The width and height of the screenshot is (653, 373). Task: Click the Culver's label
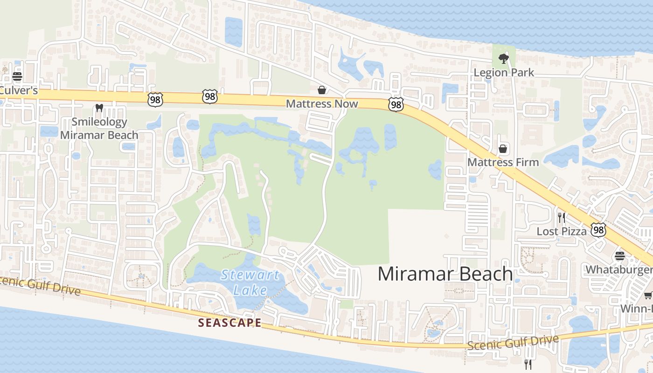[x=19, y=90]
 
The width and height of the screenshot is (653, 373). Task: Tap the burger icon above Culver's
[x=17, y=76]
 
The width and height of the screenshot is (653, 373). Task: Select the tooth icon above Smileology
[x=99, y=108]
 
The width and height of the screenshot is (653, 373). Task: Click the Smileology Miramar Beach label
[x=99, y=129]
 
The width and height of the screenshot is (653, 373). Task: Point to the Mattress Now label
[x=322, y=104]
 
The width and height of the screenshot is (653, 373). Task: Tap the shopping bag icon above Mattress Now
[x=322, y=90]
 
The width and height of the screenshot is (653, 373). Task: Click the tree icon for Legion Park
[x=503, y=59]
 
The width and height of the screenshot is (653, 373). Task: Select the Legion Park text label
[x=504, y=73]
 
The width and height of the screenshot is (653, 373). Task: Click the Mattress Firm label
[x=503, y=162]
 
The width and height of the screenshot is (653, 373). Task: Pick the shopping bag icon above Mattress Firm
[x=503, y=149]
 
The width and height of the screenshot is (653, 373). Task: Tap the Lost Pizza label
[x=562, y=231]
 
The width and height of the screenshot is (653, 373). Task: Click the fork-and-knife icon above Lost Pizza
[x=562, y=217]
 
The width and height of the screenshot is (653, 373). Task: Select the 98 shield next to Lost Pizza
[x=598, y=230]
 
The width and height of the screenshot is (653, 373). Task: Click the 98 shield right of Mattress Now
[x=396, y=104]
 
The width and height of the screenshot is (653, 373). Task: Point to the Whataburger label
[x=619, y=269]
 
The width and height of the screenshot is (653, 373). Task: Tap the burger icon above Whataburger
[x=619, y=256]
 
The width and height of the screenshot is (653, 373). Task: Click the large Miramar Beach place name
[x=445, y=274]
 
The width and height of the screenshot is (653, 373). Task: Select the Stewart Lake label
[x=250, y=282]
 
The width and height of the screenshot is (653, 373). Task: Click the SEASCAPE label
[x=229, y=323]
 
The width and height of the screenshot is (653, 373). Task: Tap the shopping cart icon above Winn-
[x=648, y=295]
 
